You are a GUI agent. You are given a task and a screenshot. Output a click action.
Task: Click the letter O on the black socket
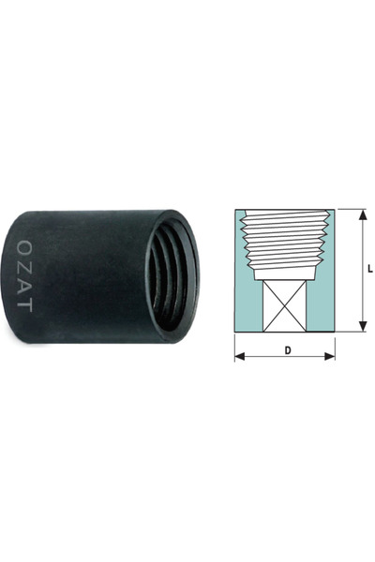24,246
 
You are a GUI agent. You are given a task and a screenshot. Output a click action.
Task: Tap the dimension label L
370,270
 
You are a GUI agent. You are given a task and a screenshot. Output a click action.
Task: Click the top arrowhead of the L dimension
363,214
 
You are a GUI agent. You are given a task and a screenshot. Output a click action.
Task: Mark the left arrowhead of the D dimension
239,356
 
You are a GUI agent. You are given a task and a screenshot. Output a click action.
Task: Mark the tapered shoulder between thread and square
284,274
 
